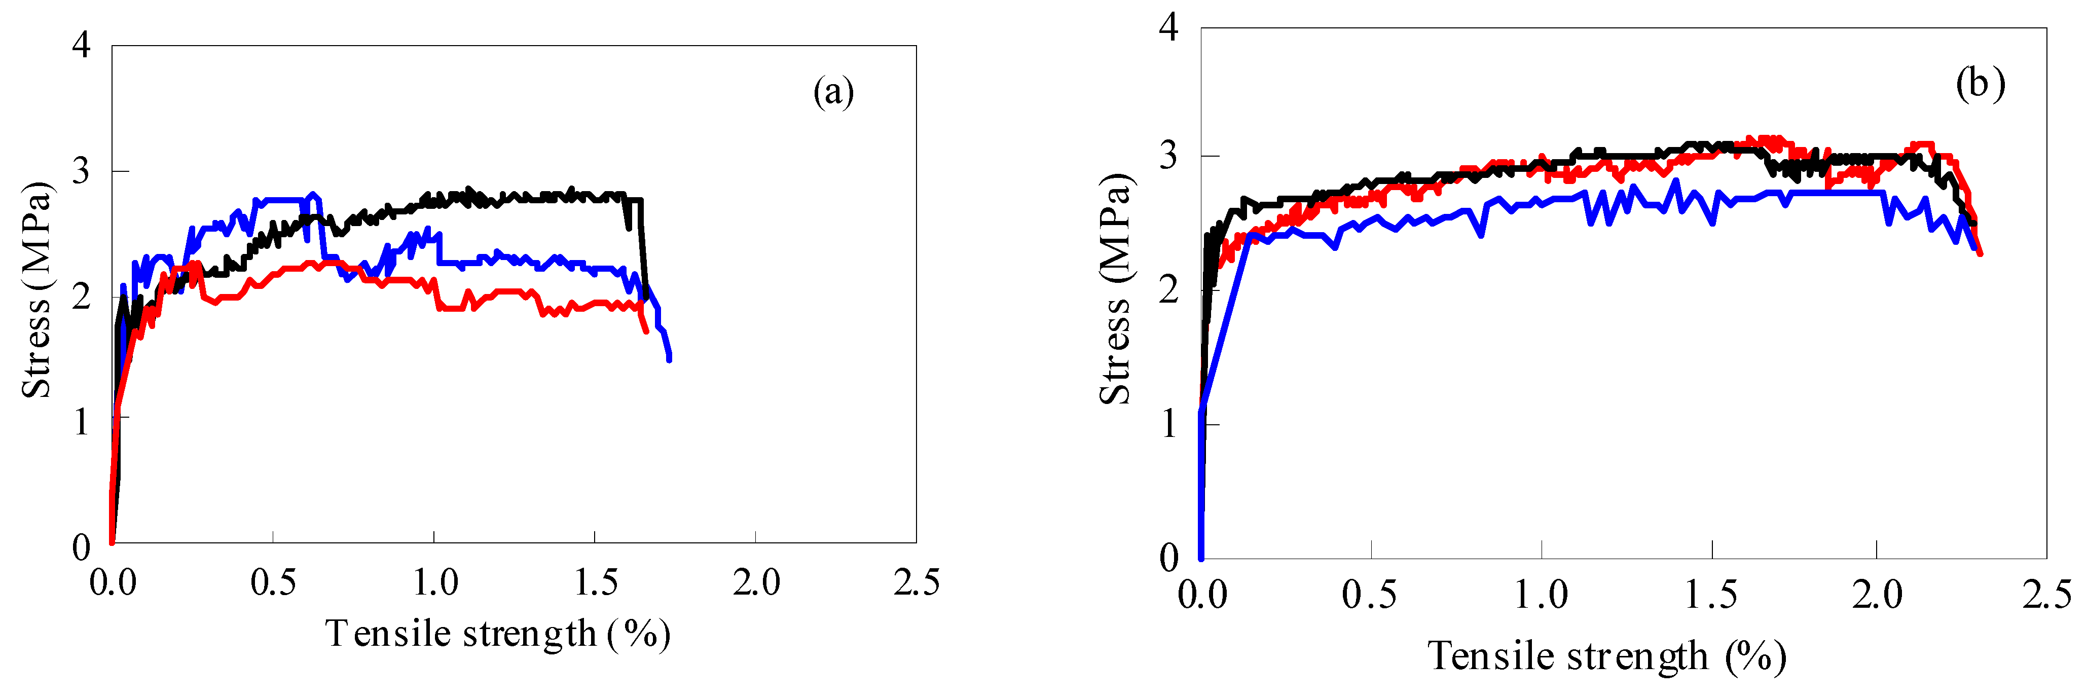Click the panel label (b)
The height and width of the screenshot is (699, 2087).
coord(1980,84)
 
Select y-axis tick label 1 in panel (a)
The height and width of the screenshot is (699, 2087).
coord(81,421)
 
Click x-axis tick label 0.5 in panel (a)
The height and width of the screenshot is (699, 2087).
coord(273,582)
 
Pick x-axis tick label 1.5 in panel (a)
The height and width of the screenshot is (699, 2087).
coord(596,582)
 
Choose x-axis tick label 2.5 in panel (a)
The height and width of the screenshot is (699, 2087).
coord(917,582)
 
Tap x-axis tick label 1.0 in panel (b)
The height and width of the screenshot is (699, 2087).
coord(1541,595)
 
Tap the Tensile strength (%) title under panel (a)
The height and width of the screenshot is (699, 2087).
coord(497,634)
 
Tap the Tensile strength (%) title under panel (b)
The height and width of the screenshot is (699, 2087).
coord(1606,656)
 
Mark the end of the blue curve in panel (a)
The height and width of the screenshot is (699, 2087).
coord(669,359)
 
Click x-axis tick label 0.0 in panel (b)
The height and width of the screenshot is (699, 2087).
coord(1202,595)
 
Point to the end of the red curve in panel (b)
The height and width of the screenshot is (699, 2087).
coord(1980,253)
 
